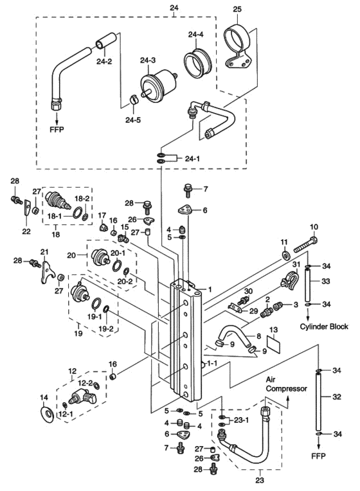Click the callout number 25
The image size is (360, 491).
(x=237, y=9)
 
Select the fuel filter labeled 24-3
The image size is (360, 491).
(x=157, y=83)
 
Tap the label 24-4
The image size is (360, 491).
(x=196, y=35)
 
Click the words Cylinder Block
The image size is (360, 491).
(x=324, y=326)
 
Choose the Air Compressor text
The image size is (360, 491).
(x=286, y=384)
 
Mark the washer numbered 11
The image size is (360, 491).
(x=285, y=256)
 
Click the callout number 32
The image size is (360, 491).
(x=336, y=397)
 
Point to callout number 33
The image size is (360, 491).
(x=326, y=281)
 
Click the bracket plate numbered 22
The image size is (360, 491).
(x=26, y=208)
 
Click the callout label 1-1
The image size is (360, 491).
(x=212, y=364)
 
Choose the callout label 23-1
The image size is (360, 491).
(x=241, y=420)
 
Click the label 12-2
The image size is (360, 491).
(x=85, y=383)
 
